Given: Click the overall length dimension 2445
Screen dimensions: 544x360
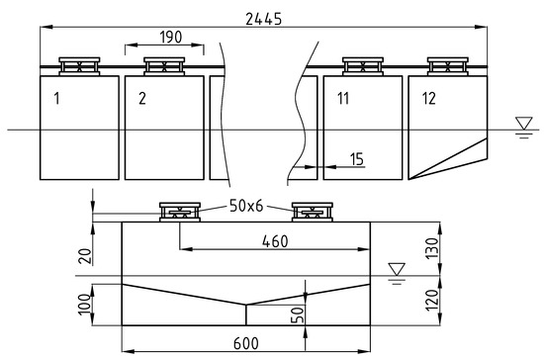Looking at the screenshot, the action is [264, 19].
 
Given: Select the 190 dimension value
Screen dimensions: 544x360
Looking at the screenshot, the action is [171, 38].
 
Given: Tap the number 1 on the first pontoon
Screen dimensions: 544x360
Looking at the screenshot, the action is [57, 99].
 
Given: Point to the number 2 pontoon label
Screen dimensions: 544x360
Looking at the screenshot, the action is [142, 99].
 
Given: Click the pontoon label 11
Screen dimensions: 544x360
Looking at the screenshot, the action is [343, 99].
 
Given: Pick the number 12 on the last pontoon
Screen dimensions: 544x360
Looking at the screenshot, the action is [429, 99].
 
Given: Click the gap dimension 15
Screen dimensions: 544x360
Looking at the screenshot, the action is [357, 159].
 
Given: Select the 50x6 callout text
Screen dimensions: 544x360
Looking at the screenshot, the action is [246, 206].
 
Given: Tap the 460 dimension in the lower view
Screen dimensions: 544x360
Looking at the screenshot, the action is [275, 241].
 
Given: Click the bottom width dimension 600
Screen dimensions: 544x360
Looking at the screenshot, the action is [246, 343].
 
